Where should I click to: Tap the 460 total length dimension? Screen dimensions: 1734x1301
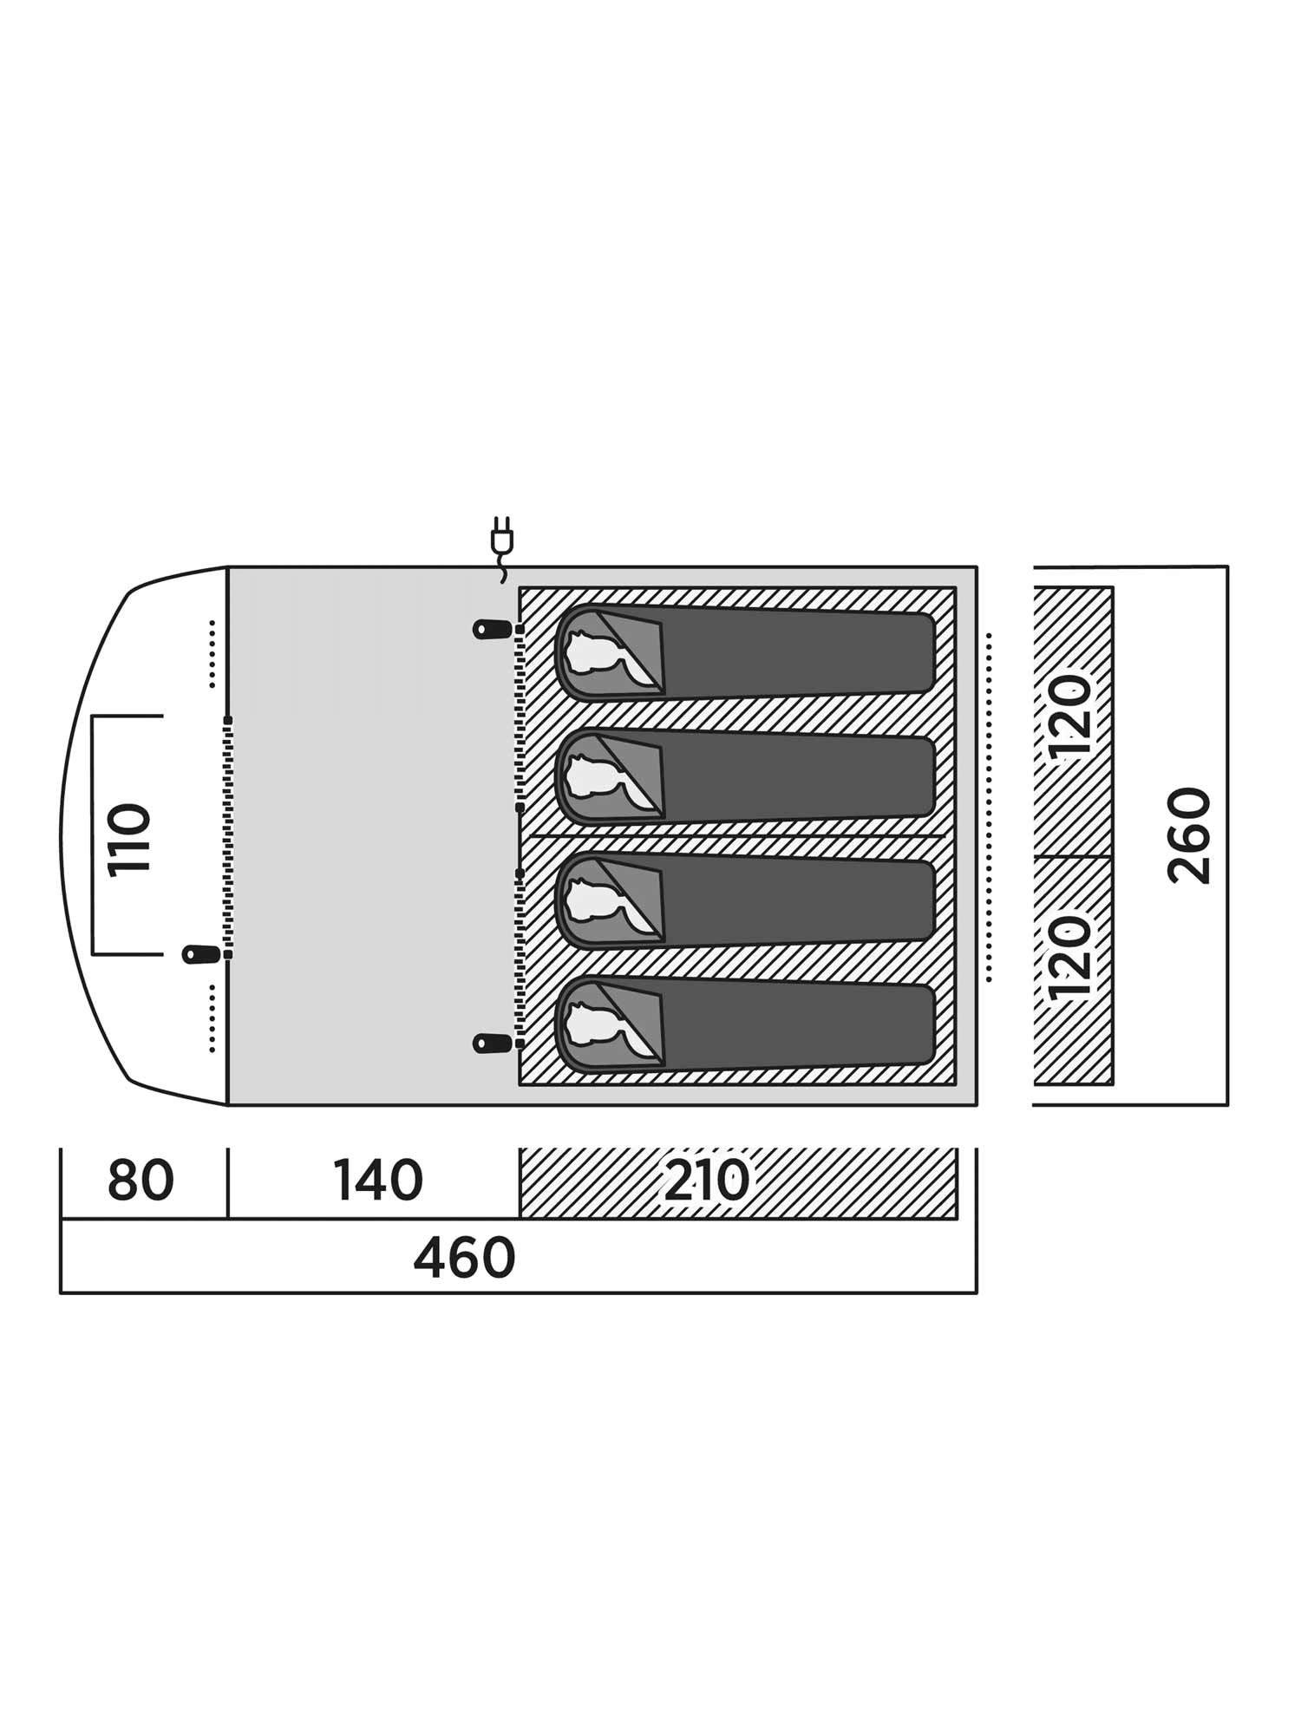coord(464,1259)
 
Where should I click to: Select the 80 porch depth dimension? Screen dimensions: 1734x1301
coord(141,1181)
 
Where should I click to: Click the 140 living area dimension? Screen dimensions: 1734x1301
coord(378,1181)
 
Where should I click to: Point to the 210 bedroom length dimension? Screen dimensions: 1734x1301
coord(706,1181)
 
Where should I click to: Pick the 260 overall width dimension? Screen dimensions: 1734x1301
coord(1189,835)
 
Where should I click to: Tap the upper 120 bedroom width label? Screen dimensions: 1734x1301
coord(1069,717)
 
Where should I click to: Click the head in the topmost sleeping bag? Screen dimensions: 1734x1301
coord(593,650)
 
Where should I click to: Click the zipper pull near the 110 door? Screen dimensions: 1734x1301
coord(200,954)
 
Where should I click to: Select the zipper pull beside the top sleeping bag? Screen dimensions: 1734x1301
coord(492,629)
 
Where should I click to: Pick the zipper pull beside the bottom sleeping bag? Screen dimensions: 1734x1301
coord(492,1043)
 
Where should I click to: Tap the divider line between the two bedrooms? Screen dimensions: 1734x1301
coord(737,836)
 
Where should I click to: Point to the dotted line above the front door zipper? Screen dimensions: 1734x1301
coord(212,654)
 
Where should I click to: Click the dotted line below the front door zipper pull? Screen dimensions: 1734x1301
coord(212,1018)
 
